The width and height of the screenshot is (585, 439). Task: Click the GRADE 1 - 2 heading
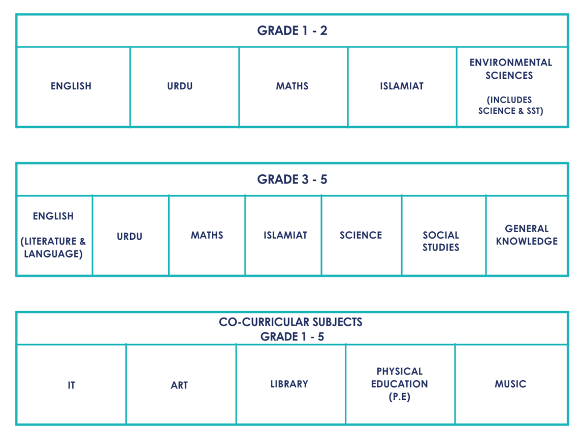(292, 30)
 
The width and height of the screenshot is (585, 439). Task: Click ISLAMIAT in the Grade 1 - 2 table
(402, 86)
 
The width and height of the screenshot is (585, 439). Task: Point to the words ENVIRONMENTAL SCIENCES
(510, 69)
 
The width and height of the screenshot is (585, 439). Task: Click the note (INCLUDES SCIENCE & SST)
(510, 105)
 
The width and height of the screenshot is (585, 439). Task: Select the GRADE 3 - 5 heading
(292, 179)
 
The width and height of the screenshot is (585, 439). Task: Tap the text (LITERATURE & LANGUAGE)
(53, 247)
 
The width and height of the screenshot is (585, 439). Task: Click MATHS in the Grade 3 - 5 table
(207, 235)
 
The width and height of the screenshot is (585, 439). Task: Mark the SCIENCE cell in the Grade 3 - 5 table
(361, 235)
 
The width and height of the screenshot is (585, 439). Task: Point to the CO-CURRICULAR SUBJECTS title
(290, 322)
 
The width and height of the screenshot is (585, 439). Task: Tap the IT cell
(71, 385)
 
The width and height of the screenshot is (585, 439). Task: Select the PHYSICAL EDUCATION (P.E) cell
(400, 384)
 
